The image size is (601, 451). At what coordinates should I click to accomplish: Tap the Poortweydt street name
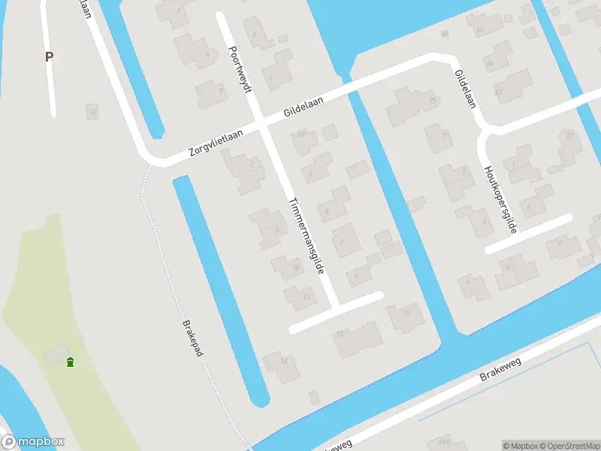click(x=240, y=67)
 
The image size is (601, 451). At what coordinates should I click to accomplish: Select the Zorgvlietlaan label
click(x=220, y=142)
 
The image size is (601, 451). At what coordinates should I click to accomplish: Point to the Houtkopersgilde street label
click(x=501, y=199)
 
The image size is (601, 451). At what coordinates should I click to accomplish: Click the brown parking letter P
click(x=50, y=56)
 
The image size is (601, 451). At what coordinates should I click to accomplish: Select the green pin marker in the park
click(x=70, y=363)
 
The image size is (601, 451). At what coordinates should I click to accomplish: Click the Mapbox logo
click(x=32, y=442)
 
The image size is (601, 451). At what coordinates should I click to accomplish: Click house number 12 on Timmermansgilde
click(x=306, y=296)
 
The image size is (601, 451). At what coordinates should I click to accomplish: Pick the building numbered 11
click(x=406, y=313)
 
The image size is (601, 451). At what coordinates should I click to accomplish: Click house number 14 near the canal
click(x=284, y=361)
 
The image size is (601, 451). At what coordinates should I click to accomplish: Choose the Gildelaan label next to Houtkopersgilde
click(x=464, y=89)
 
